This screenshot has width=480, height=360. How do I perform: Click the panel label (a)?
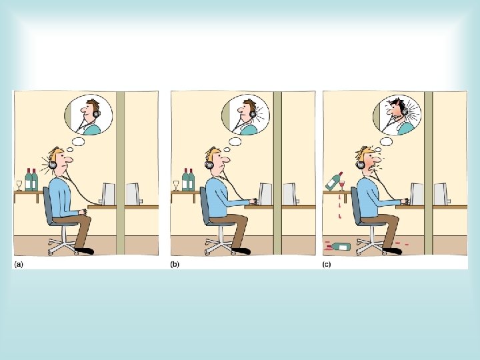(x=19, y=265)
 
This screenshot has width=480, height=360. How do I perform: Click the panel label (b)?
(x=175, y=265)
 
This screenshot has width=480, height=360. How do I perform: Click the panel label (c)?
(x=327, y=265)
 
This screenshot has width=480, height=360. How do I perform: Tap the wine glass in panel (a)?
(x=19, y=185)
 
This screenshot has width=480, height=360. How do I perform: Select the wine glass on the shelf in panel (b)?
(x=176, y=185)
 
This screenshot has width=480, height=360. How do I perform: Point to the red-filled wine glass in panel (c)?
(x=341, y=185)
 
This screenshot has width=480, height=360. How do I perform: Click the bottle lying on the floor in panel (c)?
(x=341, y=246)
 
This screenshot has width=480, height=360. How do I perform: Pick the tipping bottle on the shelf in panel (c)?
(x=334, y=181)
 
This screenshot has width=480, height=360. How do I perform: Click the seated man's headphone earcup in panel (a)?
(x=53, y=165)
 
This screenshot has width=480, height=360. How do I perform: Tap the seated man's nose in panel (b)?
(x=226, y=159)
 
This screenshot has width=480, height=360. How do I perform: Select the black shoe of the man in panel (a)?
(x=85, y=251)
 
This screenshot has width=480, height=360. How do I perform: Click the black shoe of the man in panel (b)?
(x=241, y=251)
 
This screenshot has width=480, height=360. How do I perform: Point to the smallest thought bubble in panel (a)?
(x=70, y=150)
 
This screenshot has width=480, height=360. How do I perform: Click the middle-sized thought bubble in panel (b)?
(x=235, y=141)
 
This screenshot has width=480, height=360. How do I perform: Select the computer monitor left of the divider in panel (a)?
(x=109, y=194)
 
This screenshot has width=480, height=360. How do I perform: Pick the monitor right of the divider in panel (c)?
(x=441, y=194)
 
